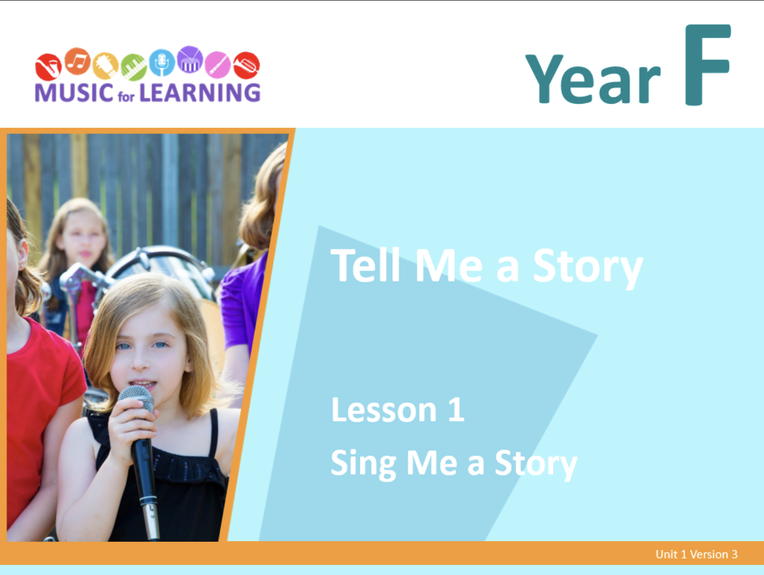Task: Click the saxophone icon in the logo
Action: point(48,67)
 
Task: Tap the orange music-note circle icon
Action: point(77,61)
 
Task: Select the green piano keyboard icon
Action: point(134,67)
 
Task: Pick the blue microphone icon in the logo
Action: point(162,63)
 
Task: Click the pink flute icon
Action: point(218,64)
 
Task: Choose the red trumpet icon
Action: point(247,66)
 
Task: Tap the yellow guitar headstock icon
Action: point(106,66)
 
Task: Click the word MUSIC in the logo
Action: point(74,92)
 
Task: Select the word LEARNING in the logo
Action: point(200,92)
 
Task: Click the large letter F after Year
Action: point(708,64)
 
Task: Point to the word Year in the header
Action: point(593,79)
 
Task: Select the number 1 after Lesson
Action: point(456,409)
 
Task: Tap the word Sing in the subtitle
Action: point(363,464)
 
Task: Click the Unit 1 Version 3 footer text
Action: point(696,554)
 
